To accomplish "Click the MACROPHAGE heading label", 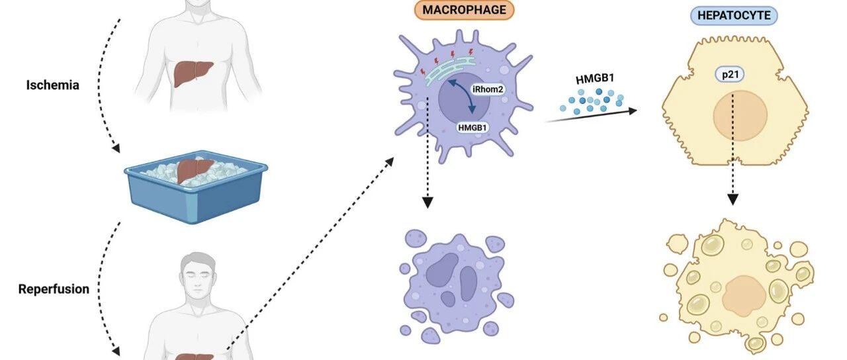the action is (x=464, y=9).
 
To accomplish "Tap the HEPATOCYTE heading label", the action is (x=734, y=15).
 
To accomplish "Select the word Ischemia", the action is (x=52, y=85).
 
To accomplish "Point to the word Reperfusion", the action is (x=54, y=289).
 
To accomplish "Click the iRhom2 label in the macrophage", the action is (x=488, y=89).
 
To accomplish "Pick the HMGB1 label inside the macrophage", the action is (x=472, y=128).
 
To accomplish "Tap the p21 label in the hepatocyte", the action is (x=730, y=75).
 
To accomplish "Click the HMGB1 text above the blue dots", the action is (x=595, y=79).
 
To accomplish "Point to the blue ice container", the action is (x=196, y=188).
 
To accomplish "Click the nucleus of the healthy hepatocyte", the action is (x=740, y=116).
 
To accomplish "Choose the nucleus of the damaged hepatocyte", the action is (x=744, y=296).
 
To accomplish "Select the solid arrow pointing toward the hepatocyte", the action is (x=591, y=116).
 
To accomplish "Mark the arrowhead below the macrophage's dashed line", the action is (x=427, y=202).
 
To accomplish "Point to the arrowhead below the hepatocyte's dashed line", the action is (x=733, y=199).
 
